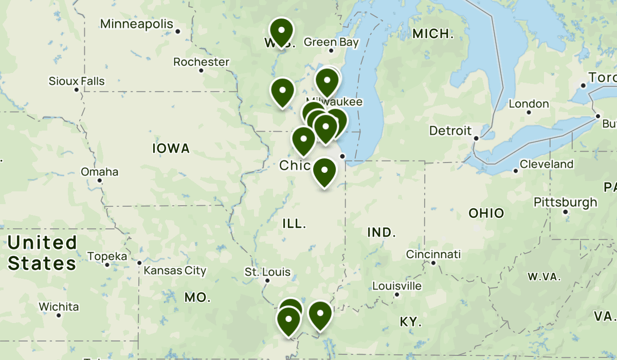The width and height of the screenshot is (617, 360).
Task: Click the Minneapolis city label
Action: pos(137,24)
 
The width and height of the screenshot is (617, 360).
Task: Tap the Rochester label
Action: pos(201,62)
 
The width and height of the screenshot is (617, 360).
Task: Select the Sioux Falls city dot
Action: pos(77,90)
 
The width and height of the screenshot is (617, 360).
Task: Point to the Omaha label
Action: pos(99,172)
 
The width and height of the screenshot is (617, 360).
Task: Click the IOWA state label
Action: pos(171,149)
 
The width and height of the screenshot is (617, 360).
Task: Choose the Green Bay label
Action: pos(331,42)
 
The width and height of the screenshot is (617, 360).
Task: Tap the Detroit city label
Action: pos(450,131)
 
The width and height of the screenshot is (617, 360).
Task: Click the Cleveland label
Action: pos(546,165)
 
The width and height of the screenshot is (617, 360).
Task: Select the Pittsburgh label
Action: pos(566,202)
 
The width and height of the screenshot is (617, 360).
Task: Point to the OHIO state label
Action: pos(486,213)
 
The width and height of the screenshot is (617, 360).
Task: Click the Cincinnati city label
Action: pos(433,255)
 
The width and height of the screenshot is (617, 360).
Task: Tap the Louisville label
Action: pos(396,286)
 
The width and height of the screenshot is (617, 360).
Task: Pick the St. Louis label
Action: pos(267,272)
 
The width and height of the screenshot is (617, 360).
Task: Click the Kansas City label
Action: pos(175,271)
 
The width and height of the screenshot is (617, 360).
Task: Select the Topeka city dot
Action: pos(107,264)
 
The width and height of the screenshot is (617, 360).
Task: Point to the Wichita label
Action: pos(59,307)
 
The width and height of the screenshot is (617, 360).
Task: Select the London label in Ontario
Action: pos(529,104)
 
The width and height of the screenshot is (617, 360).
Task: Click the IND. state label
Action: pos(382,232)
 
